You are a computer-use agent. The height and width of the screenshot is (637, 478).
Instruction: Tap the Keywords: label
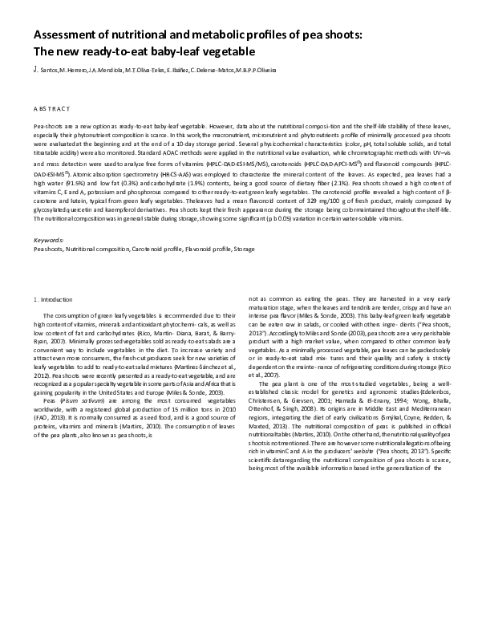pos(48,241)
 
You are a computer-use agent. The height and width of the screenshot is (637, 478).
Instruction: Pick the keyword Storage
pos(244,250)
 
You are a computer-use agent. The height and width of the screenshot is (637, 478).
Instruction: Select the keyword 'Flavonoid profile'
pos(206,250)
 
